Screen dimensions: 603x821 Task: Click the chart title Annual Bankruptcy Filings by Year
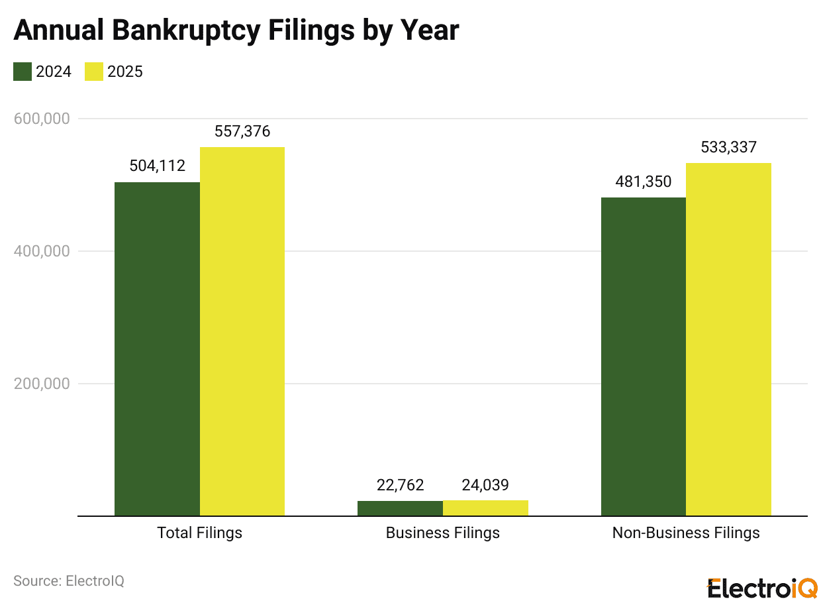[x=236, y=30]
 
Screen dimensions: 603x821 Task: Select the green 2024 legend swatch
[x=23, y=72]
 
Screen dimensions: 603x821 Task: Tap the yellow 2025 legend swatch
[x=94, y=72]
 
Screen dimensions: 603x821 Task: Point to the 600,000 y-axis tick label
[x=42, y=119]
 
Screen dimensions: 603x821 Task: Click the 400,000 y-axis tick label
[x=42, y=251]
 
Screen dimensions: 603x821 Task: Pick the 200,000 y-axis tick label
[x=42, y=384]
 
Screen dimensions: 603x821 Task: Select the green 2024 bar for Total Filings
[x=157, y=349]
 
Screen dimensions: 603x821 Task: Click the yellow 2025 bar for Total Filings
[x=242, y=331]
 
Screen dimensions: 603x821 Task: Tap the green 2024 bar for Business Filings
[x=400, y=508]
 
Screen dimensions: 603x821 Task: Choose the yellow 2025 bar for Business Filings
[x=485, y=508]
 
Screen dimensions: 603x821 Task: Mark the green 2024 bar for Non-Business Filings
[x=643, y=356]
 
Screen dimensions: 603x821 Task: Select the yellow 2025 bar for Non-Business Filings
[x=728, y=339]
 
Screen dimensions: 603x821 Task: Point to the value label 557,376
[x=242, y=131]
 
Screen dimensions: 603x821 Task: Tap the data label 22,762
[x=400, y=485]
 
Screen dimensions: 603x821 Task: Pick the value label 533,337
[x=728, y=147]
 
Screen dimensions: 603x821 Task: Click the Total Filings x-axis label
[x=199, y=533]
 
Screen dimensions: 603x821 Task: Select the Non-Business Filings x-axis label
[x=686, y=533]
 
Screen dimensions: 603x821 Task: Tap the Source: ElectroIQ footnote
[x=69, y=581]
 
